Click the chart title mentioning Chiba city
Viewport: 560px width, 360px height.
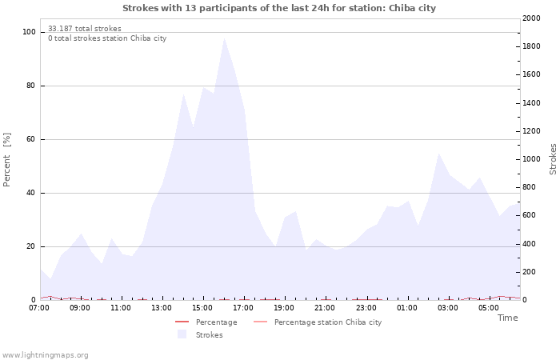point(279,8)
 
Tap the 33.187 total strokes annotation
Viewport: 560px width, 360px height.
point(85,29)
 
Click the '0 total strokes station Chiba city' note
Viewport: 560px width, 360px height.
point(107,38)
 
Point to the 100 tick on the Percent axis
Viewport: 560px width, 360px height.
point(29,32)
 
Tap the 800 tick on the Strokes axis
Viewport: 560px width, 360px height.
point(531,187)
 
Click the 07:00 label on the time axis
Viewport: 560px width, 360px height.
point(39,307)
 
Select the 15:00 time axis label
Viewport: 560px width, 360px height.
point(203,307)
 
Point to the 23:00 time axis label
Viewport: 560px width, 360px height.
point(366,307)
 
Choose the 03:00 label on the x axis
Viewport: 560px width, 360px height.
point(448,307)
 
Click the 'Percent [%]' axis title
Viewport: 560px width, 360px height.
point(7,159)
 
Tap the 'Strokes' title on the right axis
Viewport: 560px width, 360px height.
point(553,159)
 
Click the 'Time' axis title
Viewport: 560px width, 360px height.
point(507,318)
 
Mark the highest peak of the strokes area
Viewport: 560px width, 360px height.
point(224,38)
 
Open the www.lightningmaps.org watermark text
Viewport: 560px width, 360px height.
point(45,354)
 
